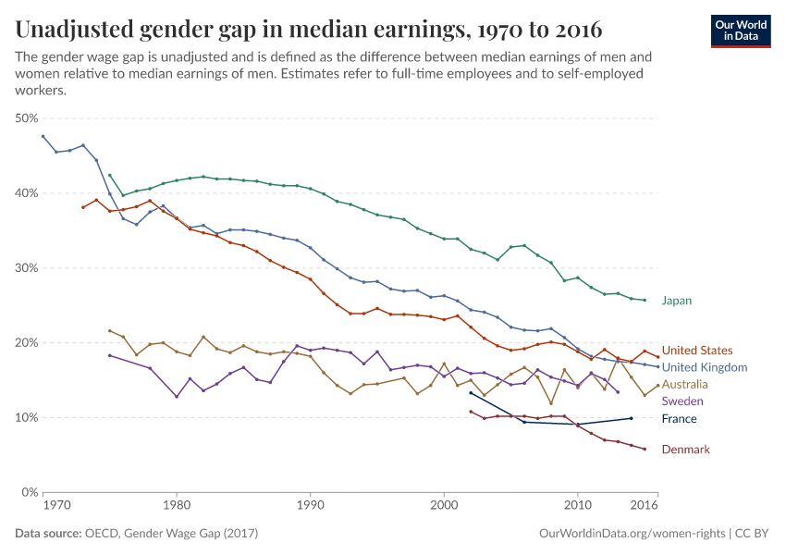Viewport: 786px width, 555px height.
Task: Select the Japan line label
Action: tap(676, 301)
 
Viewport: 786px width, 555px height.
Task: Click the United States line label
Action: tap(697, 351)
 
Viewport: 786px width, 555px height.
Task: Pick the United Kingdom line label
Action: tap(705, 367)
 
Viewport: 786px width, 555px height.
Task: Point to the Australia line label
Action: tap(685, 384)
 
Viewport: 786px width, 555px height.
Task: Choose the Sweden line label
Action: tap(682, 401)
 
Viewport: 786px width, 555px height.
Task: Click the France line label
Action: tap(680, 419)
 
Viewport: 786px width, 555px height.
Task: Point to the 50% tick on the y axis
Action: tap(27, 118)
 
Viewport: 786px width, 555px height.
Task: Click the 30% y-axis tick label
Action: tap(27, 268)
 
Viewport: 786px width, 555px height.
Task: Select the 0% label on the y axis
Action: tap(30, 492)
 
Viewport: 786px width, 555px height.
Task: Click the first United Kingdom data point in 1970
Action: tap(43, 136)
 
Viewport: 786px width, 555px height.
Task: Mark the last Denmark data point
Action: tap(645, 450)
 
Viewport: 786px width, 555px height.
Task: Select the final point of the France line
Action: tap(632, 418)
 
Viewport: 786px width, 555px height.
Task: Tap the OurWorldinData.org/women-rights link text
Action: tap(632, 534)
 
